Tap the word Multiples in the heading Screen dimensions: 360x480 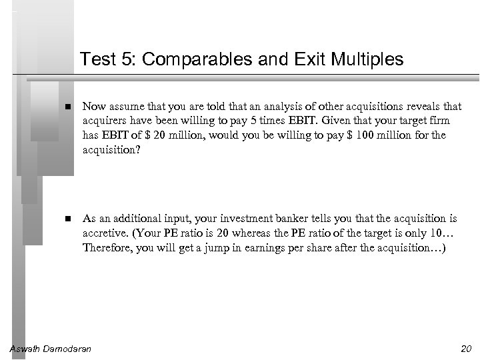point(371,60)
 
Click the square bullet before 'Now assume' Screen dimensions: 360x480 point(69,107)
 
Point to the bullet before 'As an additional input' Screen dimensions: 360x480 point(69,219)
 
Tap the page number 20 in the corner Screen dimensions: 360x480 point(466,349)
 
